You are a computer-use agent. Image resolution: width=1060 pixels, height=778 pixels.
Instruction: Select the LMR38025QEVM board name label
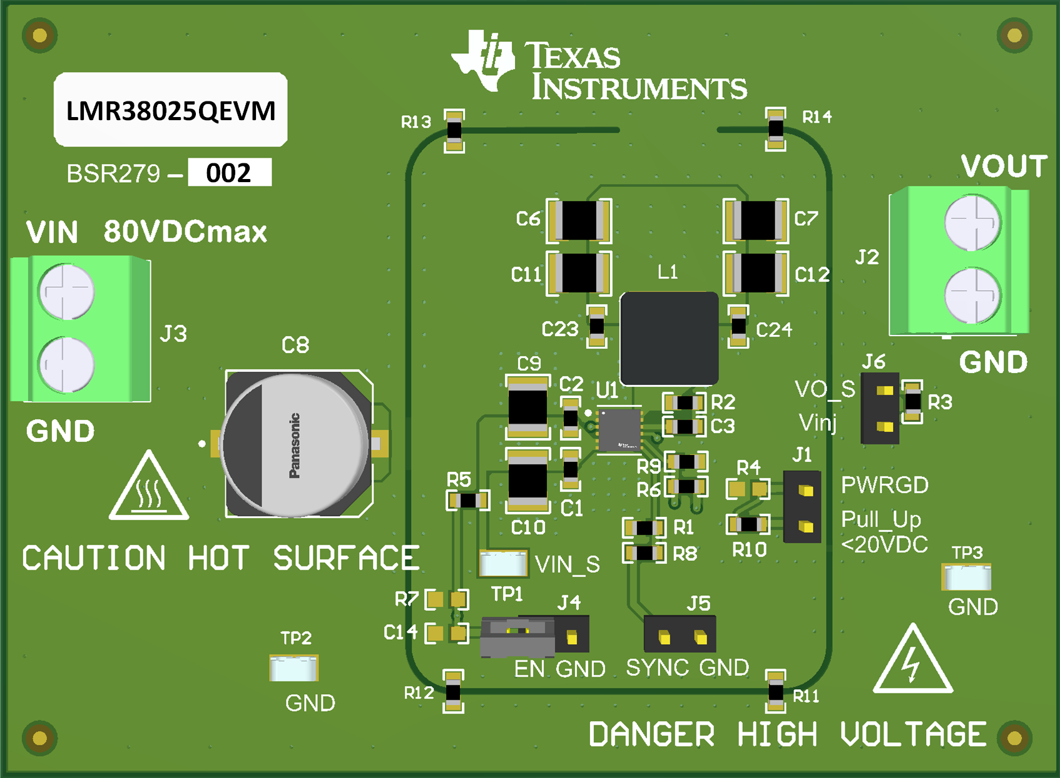(171, 110)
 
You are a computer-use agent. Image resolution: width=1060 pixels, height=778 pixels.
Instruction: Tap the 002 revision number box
(229, 172)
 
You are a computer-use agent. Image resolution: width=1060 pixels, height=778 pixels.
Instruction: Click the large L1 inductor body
(669, 339)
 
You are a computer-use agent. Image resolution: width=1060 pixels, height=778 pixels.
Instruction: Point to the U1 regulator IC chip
(619, 430)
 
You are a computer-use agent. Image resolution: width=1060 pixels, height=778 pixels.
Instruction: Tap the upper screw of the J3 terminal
(66, 292)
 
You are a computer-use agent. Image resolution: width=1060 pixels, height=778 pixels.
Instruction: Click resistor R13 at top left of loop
(454, 131)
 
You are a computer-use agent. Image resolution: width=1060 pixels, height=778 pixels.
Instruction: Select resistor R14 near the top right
(775, 130)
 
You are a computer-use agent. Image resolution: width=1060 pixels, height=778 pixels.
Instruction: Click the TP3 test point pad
(967, 577)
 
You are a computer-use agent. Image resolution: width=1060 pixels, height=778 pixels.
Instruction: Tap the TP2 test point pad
(293, 668)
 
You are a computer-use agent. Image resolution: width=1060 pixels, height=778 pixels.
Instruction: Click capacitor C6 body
(579, 220)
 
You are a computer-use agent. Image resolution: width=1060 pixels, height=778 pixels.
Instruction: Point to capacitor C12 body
(756, 274)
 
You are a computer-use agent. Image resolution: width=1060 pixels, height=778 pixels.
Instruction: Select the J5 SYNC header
(680, 635)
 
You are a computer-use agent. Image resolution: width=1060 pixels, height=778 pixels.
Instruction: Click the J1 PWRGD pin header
(802, 506)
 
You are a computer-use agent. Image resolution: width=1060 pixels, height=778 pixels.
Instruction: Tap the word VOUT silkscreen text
(1004, 166)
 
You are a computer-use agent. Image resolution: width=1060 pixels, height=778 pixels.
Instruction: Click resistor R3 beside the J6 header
(912, 402)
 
